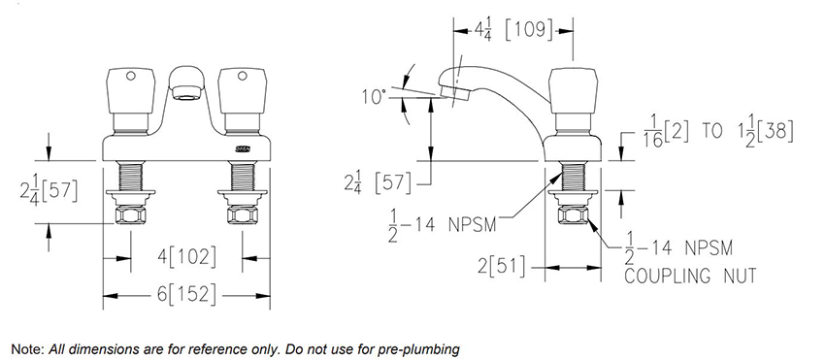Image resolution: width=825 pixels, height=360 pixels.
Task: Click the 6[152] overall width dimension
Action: click(x=186, y=295)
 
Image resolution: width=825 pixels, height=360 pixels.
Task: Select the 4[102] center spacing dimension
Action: click(x=186, y=257)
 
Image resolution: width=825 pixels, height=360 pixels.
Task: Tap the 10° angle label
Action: click(x=374, y=97)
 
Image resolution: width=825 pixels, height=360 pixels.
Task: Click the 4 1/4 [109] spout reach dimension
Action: click(x=513, y=30)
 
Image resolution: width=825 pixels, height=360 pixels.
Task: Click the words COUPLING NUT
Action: click(x=690, y=276)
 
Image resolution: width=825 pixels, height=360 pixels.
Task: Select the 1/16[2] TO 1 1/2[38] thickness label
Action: click(x=718, y=133)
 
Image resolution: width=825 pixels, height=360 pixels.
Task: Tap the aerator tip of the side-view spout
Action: click(x=454, y=93)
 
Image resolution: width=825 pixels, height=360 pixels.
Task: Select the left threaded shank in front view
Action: click(x=131, y=177)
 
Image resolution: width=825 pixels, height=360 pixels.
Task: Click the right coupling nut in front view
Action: click(x=242, y=215)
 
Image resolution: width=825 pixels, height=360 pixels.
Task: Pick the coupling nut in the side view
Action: click(x=573, y=215)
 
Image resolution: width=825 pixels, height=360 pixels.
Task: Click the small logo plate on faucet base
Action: click(x=243, y=150)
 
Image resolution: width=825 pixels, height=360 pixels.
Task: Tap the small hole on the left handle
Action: click(x=131, y=77)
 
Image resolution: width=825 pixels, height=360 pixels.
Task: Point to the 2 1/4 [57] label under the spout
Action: click(x=378, y=183)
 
